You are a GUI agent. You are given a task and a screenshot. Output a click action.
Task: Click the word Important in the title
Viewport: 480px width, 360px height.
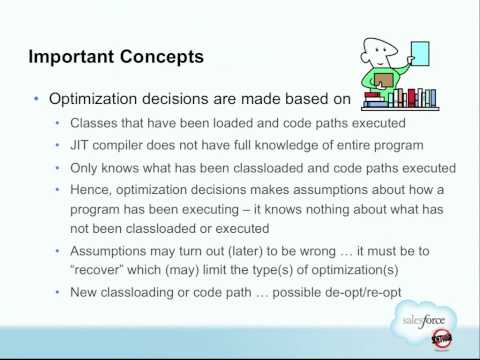[x=71, y=57]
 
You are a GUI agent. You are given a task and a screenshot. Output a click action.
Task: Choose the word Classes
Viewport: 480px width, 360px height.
[x=94, y=124]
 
